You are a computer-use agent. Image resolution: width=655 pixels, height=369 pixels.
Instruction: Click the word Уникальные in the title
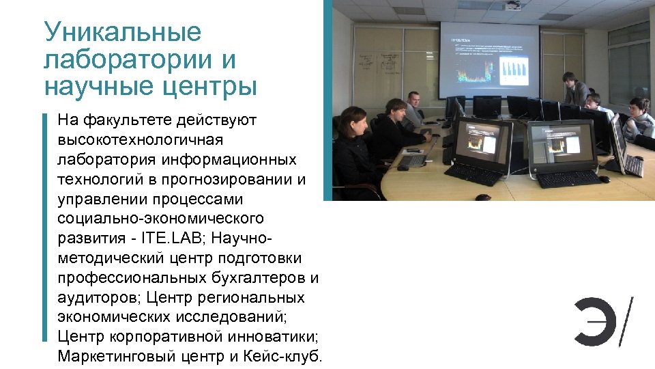pos(123,33)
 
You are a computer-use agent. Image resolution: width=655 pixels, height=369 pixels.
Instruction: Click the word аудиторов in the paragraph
pos(100,299)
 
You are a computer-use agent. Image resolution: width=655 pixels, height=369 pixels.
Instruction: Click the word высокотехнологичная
pos(141,140)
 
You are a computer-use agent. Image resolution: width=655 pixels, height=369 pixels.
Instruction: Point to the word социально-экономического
pos(161,219)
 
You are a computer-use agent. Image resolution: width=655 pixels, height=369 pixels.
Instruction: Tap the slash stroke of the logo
pos(624,320)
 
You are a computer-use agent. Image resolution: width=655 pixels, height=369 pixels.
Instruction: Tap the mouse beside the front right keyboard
pos(603,179)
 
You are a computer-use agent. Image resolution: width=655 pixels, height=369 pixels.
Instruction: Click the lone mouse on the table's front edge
pos(482,197)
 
